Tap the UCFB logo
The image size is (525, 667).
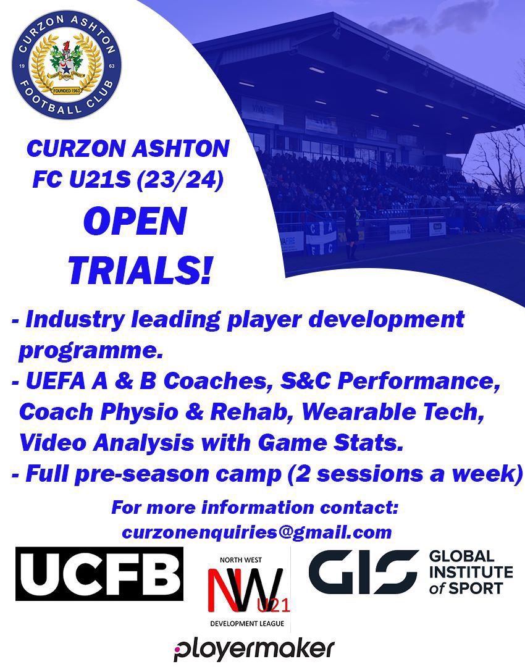[x=99, y=574]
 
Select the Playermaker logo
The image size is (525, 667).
[x=254, y=649]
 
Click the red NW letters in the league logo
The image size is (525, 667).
[x=244, y=590]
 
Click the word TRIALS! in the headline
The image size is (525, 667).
[x=140, y=269]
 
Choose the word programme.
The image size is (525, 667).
[x=90, y=351]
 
